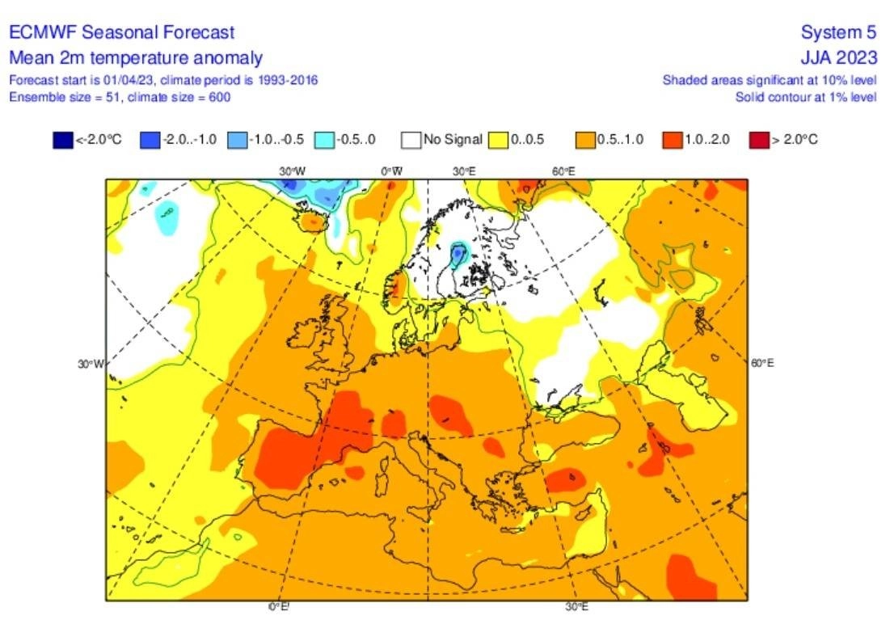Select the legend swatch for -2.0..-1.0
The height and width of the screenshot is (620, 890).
pyautogui.click(x=150, y=140)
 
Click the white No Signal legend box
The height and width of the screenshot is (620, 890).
pyautogui.click(x=412, y=140)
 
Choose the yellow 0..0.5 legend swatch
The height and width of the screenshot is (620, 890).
pyautogui.click(x=498, y=140)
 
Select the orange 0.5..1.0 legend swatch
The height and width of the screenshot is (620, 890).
pyautogui.click(x=584, y=140)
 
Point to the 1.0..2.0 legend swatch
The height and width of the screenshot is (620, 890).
pyautogui.click(x=673, y=140)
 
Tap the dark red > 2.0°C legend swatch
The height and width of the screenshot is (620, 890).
pyautogui.click(x=758, y=140)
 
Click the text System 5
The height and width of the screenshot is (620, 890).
pyautogui.click(x=838, y=32)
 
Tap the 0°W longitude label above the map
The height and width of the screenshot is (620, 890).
pyautogui.click(x=392, y=171)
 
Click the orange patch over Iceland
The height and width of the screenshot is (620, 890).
pyautogui.click(x=311, y=220)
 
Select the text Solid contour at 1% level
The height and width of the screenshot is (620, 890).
pyautogui.click(x=805, y=97)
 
